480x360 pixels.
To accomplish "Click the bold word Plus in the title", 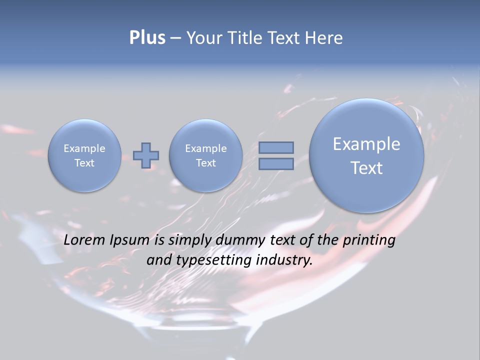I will tap(147, 38).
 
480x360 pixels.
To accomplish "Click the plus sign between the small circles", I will tap(146, 155).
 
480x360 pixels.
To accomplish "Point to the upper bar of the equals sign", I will tap(276, 147).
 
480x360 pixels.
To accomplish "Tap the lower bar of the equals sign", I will tap(276, 163).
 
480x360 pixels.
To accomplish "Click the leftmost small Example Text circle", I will tap(84, 155).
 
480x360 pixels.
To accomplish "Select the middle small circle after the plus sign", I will tap(205, 155).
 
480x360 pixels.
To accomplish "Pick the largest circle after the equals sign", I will tap(366, 155).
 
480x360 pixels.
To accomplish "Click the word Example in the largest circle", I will tap(366, 144).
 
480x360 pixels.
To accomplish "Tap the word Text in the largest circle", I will tap(366, 168).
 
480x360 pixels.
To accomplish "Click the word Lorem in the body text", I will tap(85, 240).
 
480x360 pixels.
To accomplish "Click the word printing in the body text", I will tap(369, 240).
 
